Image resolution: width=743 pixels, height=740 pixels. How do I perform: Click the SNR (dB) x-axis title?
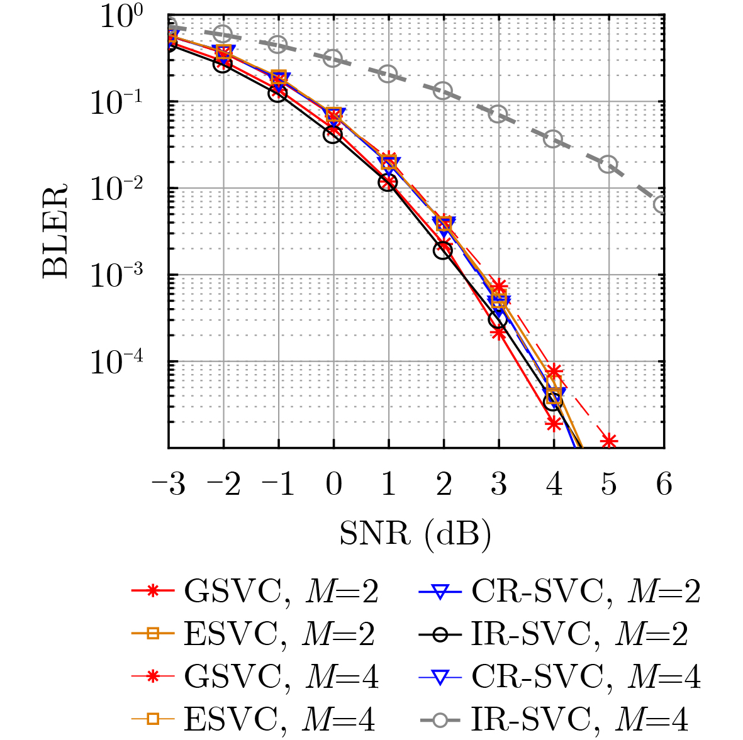[415, 534]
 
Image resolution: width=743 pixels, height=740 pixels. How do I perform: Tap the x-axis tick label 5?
[608, 485]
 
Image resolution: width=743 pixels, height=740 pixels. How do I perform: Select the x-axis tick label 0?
[333, 485]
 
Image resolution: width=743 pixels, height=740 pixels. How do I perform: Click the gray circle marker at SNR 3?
[498, 114]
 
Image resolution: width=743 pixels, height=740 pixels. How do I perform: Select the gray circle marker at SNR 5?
[608, 164]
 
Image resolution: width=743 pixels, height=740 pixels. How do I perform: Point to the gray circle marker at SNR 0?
[333, 58]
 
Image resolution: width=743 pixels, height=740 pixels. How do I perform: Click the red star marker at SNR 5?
[608, 441]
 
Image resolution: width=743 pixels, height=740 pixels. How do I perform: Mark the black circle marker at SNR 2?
[443, 250]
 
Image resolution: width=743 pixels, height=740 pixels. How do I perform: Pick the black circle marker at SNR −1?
[278, 93]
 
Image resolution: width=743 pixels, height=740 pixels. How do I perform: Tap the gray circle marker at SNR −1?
[278, 45]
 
